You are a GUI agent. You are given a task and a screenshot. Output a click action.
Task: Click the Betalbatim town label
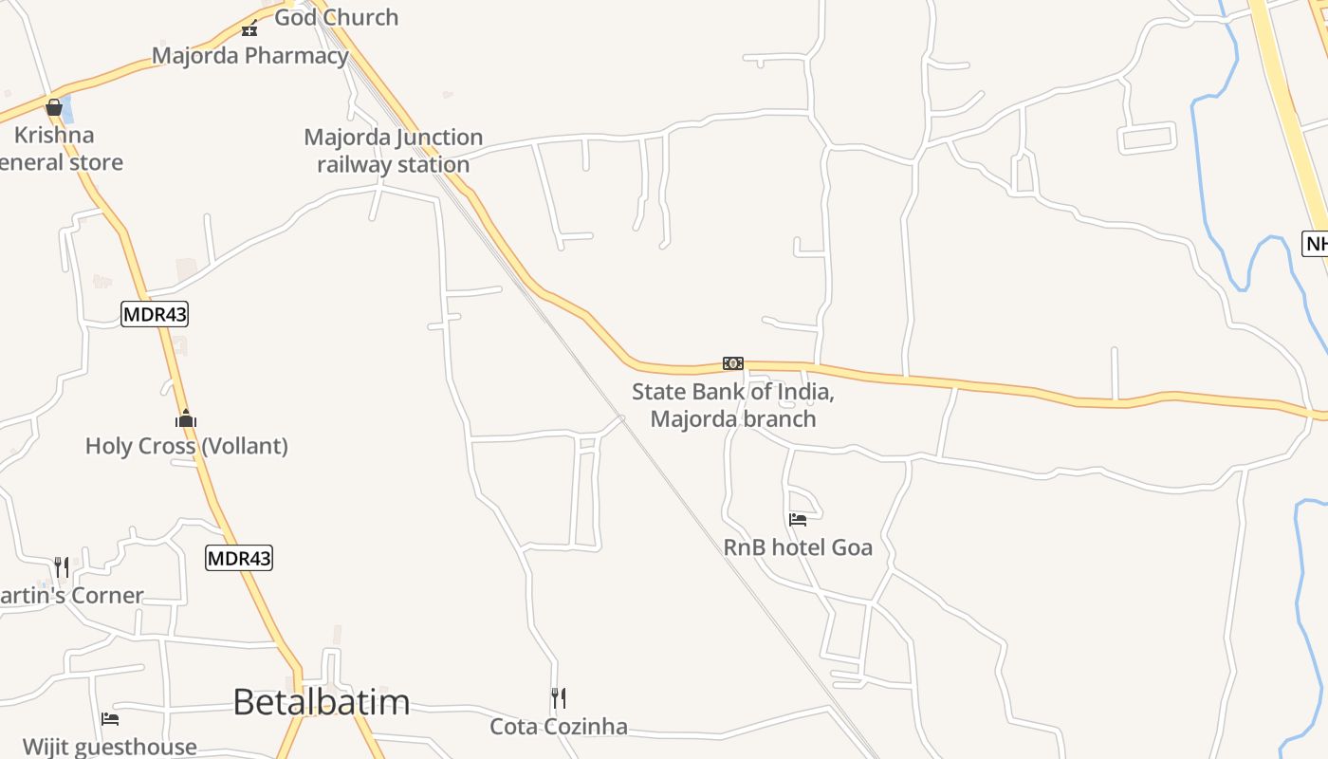[321, 702]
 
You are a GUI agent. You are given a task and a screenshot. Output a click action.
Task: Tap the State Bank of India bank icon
[733, 363]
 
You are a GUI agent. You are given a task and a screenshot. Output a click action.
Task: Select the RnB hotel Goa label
[798, 547]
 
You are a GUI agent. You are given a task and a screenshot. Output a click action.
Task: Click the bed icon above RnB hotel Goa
[798, 519]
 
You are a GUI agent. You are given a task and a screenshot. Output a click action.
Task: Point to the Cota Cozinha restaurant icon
[559, 698]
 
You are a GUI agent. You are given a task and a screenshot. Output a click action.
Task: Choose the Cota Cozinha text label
[559, 727]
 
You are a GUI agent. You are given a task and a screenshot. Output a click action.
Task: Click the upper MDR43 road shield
[155, 314]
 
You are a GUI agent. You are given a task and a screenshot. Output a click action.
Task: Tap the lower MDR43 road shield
[239, 558]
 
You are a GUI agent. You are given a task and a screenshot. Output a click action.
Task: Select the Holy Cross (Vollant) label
[186, 446]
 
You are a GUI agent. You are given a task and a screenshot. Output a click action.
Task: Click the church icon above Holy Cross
[186, 418]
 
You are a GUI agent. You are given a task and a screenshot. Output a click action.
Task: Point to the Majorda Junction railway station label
[393, 151]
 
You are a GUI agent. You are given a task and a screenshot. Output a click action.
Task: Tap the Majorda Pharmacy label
[250, 55]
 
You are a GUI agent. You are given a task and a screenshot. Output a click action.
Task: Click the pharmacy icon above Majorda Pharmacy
[249, 28]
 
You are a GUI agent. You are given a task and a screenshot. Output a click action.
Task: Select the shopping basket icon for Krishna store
[54, 107]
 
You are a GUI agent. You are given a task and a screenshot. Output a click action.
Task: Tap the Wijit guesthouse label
[110, 747]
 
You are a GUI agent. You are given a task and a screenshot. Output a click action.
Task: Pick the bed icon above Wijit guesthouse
[110, 719]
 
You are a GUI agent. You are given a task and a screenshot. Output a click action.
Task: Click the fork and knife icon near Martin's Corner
[62, 567]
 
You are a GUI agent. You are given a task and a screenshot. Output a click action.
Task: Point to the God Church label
[336, 17]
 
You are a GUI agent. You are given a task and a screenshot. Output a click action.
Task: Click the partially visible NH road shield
[1316, 244]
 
